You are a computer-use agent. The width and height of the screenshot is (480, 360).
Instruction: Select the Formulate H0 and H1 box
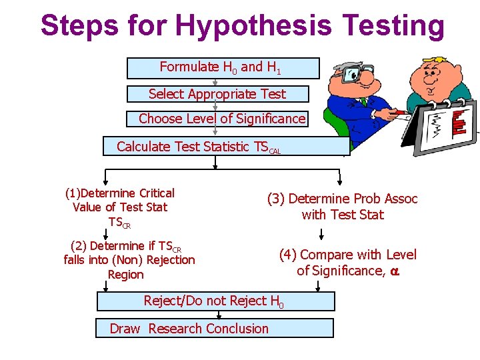click(223, 68)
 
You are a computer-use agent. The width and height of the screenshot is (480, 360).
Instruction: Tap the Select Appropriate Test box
click(217, 94)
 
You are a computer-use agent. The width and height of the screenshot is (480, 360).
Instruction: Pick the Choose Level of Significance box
click(218, 119)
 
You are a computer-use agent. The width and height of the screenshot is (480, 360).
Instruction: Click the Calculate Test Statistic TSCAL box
click(226, 147)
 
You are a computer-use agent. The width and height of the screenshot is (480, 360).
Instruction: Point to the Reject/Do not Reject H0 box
click(215, 301)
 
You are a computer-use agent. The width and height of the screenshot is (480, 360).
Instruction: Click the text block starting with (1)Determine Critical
click(120, 207)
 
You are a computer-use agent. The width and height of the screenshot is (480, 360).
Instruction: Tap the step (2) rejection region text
click(129, 260)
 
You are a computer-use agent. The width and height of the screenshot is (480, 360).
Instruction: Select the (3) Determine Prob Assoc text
click(342, 207)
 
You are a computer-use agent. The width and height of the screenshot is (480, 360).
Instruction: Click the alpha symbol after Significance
click(394, 271)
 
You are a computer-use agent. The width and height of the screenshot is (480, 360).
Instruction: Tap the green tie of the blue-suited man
click(364, 102)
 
